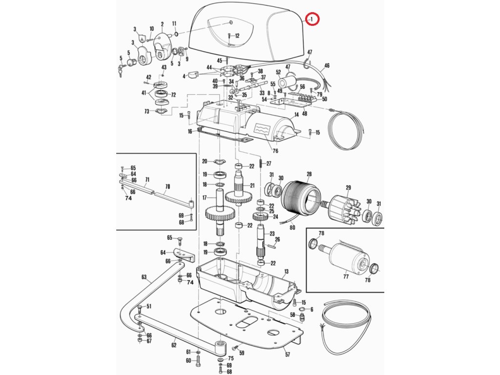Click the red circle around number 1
pos(312,19)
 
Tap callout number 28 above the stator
pos(309,174)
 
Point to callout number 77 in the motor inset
pos(346,276)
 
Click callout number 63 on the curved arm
pos(144,277)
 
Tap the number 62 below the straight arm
pos(173,345)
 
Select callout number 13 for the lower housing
pos(286,271)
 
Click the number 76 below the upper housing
pos(275,150)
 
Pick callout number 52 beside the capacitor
pos(278,71)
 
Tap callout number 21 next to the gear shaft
pos(252,186)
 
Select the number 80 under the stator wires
pos(292,227)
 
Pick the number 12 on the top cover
pos(237,36)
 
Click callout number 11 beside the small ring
pos(174,23)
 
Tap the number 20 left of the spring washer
pos(205,161)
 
